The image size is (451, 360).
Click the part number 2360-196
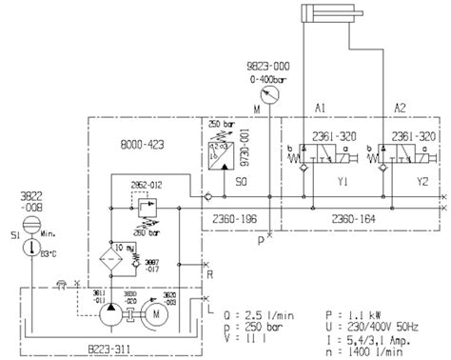(230, 218)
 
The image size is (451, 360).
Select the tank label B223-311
(140, 335)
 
